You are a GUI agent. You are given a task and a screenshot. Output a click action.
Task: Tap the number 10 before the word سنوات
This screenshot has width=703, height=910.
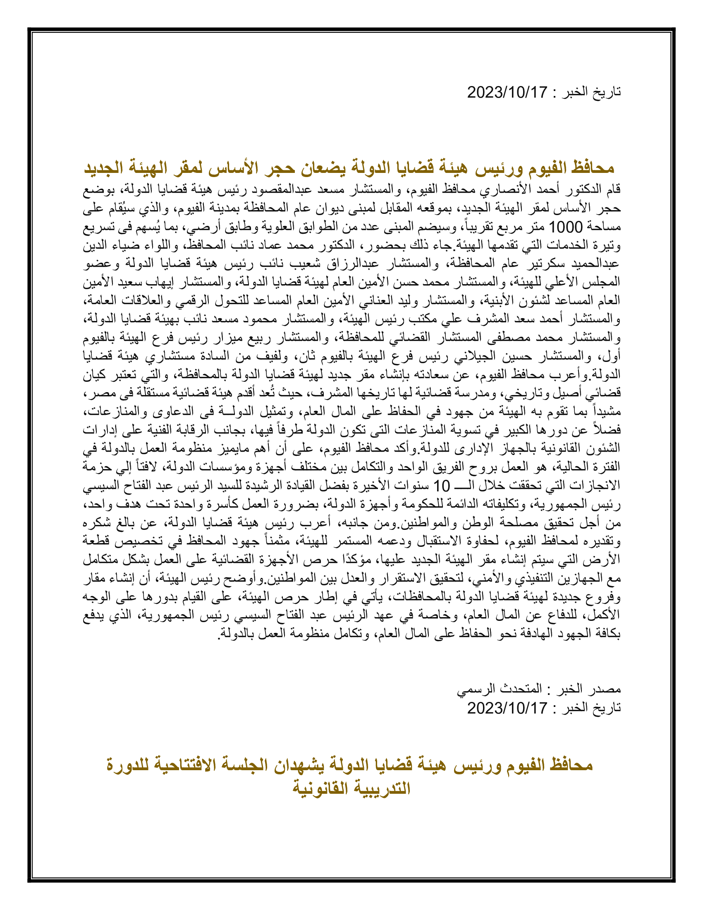tap(442, 486)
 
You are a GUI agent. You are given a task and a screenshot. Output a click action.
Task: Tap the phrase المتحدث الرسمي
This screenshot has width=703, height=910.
tap(499, 689)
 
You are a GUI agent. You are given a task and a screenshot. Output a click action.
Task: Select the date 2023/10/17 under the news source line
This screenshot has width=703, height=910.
tap(507, 708)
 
